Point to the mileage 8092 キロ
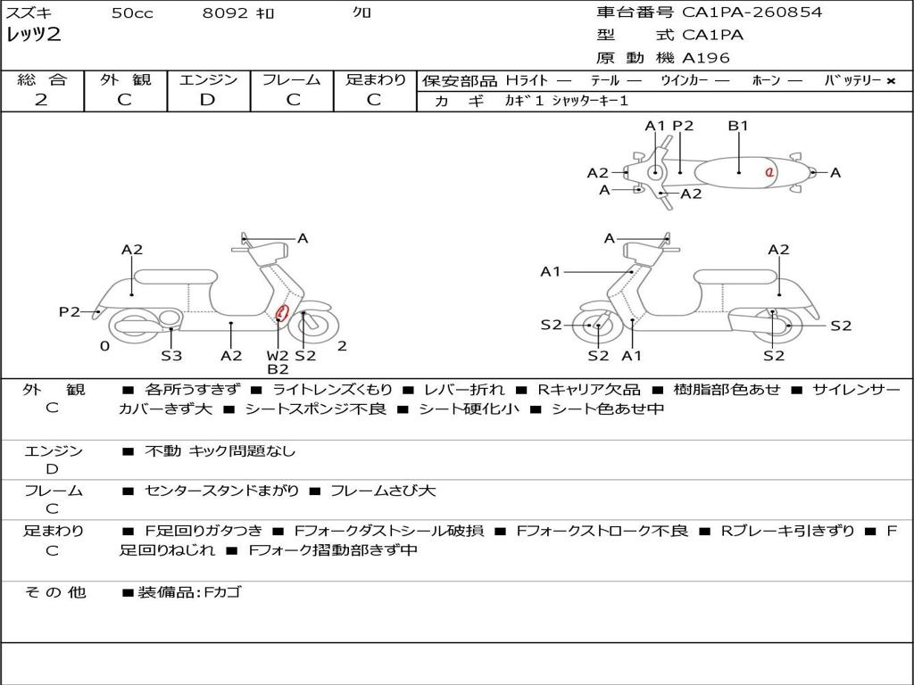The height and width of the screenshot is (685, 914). [x=239, y=13]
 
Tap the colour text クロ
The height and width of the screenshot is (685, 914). [x=362, y=13]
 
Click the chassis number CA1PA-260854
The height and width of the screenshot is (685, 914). [x=752, y=12]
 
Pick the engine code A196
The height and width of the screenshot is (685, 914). [x=706, y=58]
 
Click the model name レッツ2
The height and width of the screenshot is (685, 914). [x=34, y=36]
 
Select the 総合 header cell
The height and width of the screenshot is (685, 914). [x=42, y=80]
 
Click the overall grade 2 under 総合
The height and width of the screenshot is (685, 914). [x=41, y=100]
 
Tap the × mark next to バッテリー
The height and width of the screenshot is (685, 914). [x=890, y=81]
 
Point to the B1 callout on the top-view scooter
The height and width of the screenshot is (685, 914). [x=738, y=126]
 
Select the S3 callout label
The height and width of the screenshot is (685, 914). [x=171, y=356]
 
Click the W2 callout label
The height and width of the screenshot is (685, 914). [x=278, y=356]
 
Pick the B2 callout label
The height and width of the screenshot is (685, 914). [x=278, y=369]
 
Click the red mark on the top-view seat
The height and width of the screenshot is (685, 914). [x=769, y=172]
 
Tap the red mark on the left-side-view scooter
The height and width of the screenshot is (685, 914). [x=281, y=312]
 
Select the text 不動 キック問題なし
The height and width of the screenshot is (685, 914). [x=220, y=451]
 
